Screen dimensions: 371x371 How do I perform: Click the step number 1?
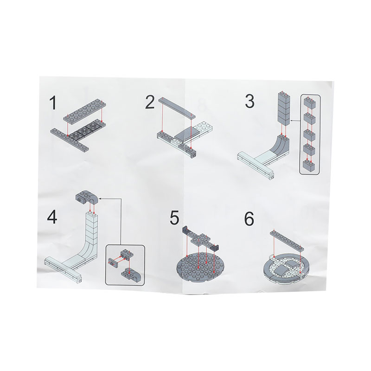point(53,102)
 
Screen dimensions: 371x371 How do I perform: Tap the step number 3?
point(249,101)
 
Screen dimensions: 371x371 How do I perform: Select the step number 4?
point(52,217)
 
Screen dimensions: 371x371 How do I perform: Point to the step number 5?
point(174,217)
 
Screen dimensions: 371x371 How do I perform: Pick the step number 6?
point(249,218)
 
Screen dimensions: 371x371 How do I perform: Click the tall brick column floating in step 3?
point(284,109)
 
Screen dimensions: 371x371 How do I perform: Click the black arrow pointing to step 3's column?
point(295,121)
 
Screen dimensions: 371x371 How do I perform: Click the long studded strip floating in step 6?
point(287,240)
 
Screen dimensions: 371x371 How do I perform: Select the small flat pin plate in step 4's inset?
point(113,262)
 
